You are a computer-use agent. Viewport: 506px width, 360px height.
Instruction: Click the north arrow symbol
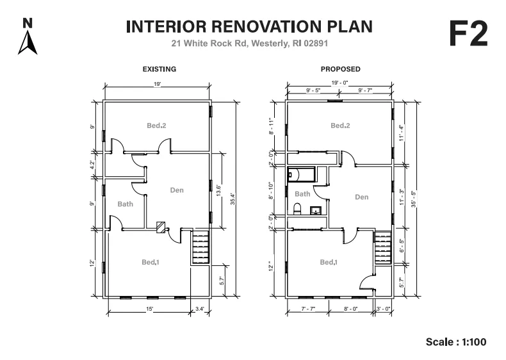(28, 42)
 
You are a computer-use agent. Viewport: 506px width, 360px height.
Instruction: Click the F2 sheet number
(468, 34)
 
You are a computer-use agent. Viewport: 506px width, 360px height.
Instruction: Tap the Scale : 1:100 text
(456, 342)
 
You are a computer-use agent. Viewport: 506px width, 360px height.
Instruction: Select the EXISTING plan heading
(159, 69)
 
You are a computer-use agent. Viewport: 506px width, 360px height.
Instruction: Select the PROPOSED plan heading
(341, 69)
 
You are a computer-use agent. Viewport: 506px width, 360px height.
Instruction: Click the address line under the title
(249, 44)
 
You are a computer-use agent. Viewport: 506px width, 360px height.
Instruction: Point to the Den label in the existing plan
(177, 190)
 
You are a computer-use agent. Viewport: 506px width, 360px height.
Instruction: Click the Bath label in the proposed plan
(302, 194)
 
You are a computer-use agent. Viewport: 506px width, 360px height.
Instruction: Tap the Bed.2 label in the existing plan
(156, 126)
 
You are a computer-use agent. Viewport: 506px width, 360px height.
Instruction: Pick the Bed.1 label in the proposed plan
(329, 262)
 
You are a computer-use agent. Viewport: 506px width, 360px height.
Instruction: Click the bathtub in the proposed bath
(301, 175)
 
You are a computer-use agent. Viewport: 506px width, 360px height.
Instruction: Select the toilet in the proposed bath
(297, 209)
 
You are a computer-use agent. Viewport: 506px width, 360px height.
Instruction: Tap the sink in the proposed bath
(316, 211)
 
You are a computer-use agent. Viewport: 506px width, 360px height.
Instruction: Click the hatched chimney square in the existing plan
(161, 227)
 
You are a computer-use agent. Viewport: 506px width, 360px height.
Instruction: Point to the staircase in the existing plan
(200, 247)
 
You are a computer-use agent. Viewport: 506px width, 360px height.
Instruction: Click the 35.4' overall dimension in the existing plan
(233, 199)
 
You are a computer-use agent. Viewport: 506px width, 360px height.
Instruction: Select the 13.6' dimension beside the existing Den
(218, 190)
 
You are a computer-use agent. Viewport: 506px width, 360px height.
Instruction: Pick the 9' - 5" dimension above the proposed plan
(313, 90)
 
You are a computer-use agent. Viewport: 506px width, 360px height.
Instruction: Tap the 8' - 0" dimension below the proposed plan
(351, 309)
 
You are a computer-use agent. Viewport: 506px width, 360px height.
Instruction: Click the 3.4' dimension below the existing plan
(200, 309)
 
